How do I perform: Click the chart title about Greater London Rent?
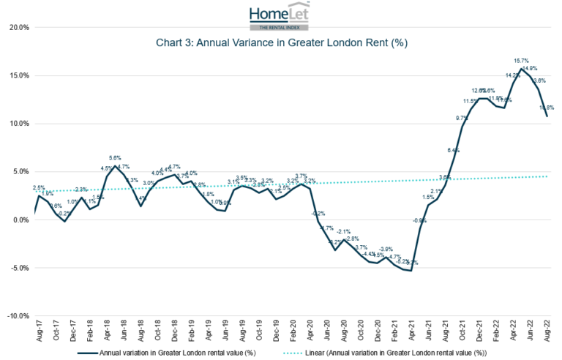tap(281, 43)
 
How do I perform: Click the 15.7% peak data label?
tap(521, 61)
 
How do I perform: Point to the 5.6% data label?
tap(115, 158)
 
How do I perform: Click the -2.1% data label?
tap(344, 232)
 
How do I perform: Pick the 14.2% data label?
tap(512, 75)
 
